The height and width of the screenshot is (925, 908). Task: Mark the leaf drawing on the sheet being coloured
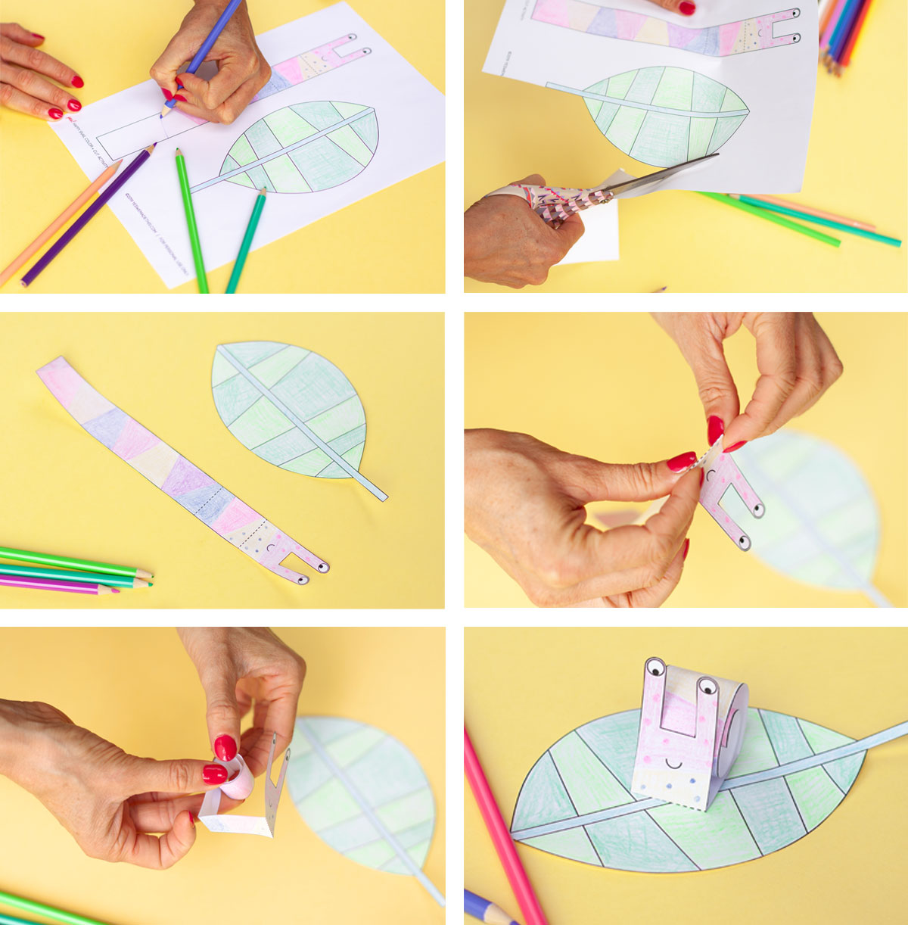point(303,148)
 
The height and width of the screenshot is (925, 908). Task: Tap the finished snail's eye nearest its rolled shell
point(707,687)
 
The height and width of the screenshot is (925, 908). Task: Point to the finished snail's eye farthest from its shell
point(655,668)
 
